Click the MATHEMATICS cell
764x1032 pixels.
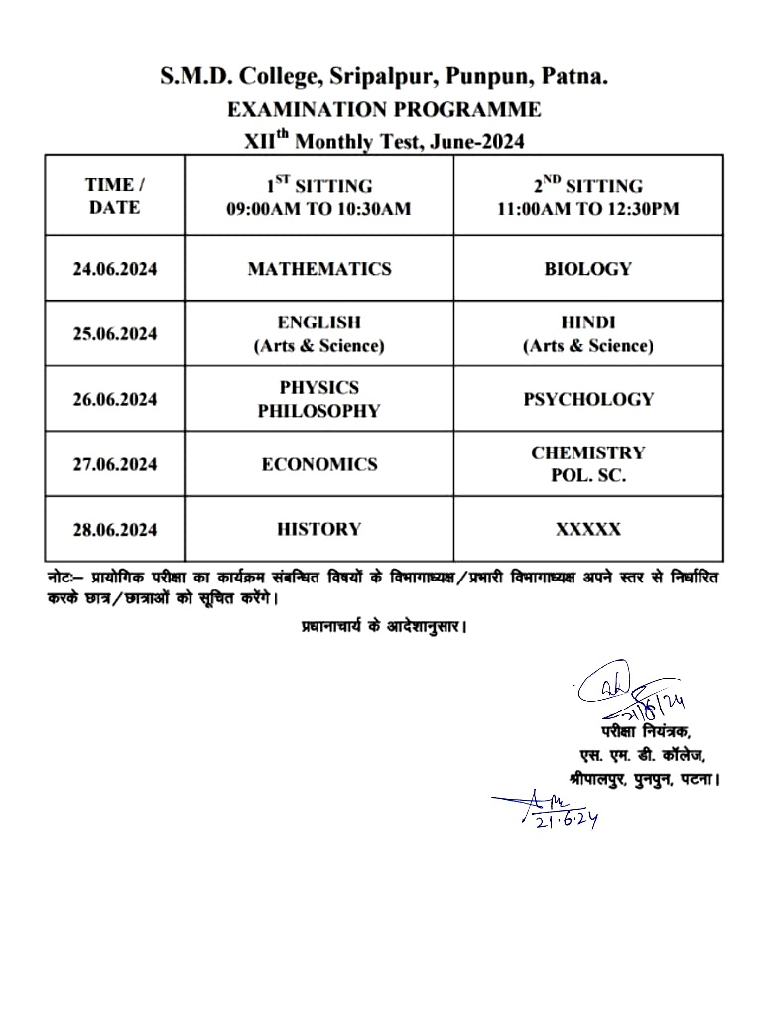click(x=319, y=269)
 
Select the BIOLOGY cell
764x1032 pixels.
click(x=587, y=269)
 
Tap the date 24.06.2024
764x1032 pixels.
click(x=114, y=269)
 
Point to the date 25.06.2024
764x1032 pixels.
click(x=114, y=334)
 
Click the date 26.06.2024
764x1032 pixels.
click(x=114, y=399)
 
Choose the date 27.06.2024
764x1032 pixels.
click(x=114, y=464)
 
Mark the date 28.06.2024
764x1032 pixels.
click(x=114, y=529)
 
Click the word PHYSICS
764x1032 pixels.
click(x=319, y=387)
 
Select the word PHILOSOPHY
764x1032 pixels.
click(x=319, y=411)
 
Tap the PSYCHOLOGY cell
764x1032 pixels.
click(x=588, y=399)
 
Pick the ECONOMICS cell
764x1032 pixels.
click(x=319, y=464)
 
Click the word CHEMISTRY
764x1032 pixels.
click(x=588, y=452)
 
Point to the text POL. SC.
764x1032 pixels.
click(x=588, y=476)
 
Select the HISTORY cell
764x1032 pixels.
click(x=319, y=529)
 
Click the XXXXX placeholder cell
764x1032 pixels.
click(x=588, y=529)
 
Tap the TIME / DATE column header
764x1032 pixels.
click(x=114, y=195)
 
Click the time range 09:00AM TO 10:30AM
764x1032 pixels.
click(x=318, y=209)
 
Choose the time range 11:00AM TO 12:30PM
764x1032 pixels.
click(x=588, y=209)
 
